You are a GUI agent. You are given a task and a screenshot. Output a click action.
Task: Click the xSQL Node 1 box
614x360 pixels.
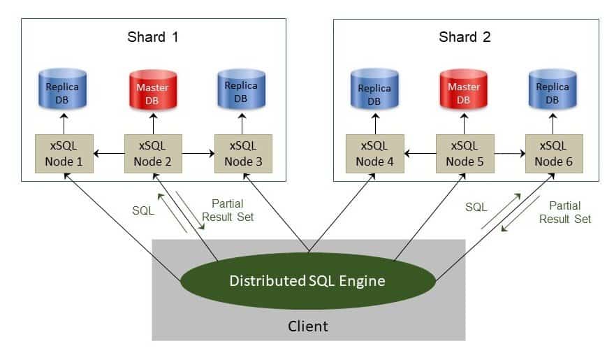[x=64, y=154]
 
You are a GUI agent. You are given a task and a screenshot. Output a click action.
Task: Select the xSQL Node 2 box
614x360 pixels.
[x=152, y=154]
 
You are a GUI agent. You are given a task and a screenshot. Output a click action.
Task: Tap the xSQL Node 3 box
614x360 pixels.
[x=241, y=154]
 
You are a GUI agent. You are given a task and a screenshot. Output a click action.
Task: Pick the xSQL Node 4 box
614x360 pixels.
[x=375, y=154]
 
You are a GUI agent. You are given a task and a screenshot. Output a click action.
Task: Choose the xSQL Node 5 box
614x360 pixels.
[x=465, y=154]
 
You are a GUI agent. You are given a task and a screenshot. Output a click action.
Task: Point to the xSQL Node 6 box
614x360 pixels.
[x=553, y=154]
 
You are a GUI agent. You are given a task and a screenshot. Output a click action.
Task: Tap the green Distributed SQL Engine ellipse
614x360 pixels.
[x=307, y=281]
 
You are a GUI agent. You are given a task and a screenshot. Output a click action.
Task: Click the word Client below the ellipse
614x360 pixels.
[x=308, y=326]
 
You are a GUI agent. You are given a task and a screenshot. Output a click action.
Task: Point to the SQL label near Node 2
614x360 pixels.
[x=142, y=209]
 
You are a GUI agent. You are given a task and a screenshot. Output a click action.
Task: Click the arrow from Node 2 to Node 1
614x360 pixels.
[x=108, y=152]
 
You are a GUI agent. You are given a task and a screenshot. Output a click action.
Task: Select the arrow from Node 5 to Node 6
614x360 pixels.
[x=509, y=152]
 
